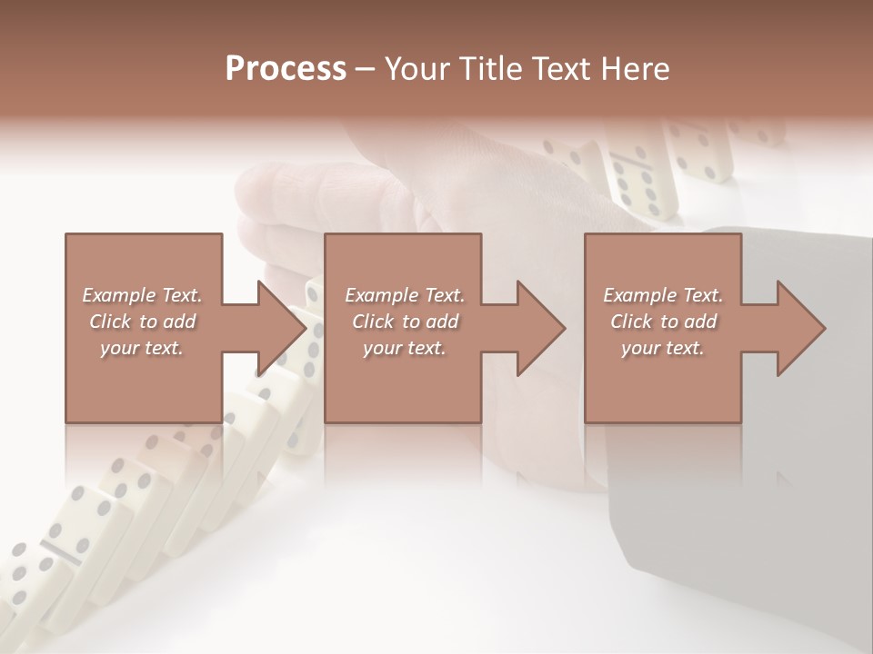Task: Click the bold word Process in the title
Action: [x=286, y=69]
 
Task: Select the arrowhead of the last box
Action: [x=801, y=328]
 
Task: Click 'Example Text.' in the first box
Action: [x=142, y=295]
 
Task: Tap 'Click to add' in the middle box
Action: [x=405, y=322]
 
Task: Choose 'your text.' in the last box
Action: [x=663, y=348]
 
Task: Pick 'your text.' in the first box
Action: [x=142, y=348]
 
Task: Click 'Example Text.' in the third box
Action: [x=663, y=295]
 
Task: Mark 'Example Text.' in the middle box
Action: [x=405, y=295]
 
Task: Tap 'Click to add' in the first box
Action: [x=142, y=322]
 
